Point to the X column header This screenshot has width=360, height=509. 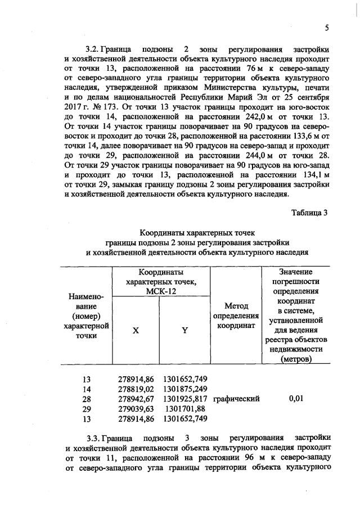point(136,331)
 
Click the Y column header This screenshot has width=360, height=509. point(184,331)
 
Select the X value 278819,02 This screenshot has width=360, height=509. point(134,389)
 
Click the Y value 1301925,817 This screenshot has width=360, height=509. point(185,399)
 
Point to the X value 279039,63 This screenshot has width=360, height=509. point(134,409)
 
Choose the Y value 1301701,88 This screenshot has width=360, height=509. point(185,409)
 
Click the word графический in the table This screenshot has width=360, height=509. point(236,399)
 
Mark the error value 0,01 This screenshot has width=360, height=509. point(296,399)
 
